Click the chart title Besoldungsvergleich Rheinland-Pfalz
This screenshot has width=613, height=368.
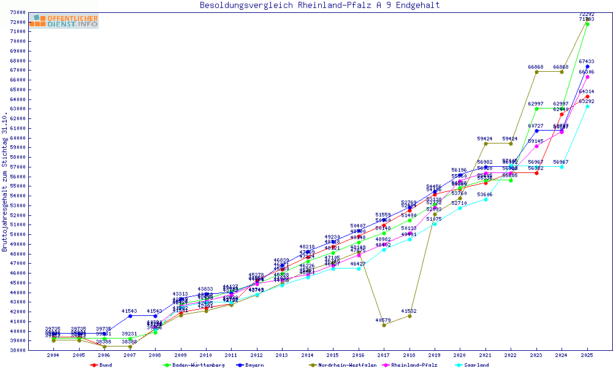click(x=319, y=6)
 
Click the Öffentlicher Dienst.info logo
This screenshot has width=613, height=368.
click(x=64, y=21)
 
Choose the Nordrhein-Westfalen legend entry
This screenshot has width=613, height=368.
click(x=343, y=365)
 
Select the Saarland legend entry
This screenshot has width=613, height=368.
click(x=476, y=365)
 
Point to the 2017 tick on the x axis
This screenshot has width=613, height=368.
click(x=384, y=355)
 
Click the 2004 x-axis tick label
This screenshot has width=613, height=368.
click(x=54, y=355)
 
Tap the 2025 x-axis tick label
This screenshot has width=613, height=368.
click(x=587, y=355)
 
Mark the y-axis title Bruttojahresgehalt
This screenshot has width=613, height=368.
click(x=5, y=182)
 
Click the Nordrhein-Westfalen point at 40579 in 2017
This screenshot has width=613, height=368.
click(x=384, y=325)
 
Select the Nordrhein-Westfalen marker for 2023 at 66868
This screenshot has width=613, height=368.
click(x=536, y=72)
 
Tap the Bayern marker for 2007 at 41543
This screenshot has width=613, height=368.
click(x=130, y=316)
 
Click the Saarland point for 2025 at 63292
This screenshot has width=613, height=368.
click(x=587, y=106)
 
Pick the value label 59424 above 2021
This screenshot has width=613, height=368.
click(x=485, y=139)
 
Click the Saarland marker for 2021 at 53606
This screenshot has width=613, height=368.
click(x=485, y=199)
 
